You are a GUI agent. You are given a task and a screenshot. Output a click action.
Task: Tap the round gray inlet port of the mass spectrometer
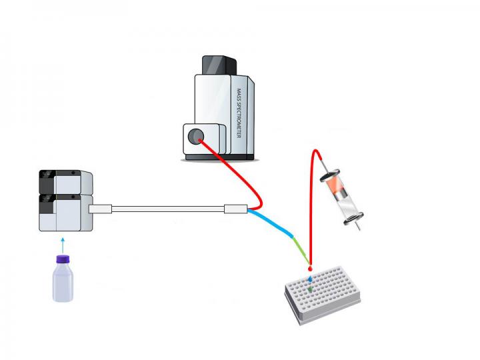point(195,136)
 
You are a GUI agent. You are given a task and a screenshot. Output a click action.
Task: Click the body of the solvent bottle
point(63,283)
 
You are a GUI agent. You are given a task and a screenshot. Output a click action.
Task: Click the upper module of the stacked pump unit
point(65,183)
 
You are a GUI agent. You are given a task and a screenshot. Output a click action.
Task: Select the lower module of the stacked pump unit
point(65,213)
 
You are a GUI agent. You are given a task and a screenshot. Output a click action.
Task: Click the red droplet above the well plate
point(310,269)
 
